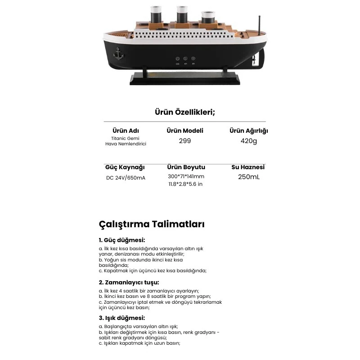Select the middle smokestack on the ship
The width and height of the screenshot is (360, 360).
182,14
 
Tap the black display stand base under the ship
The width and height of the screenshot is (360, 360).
185,80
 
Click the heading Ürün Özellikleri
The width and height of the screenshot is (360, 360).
185,112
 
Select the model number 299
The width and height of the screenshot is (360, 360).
185,141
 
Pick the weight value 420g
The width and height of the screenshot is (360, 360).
249,141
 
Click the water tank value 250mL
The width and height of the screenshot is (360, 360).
249,177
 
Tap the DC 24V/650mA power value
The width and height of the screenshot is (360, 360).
126,178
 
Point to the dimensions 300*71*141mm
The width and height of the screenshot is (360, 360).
186,176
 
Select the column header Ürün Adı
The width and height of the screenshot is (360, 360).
125,130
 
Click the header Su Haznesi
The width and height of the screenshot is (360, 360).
248,167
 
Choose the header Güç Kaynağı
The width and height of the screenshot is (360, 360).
125,167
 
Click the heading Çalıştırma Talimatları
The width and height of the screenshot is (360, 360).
152,224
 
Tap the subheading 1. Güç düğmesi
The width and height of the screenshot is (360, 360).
122,240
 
